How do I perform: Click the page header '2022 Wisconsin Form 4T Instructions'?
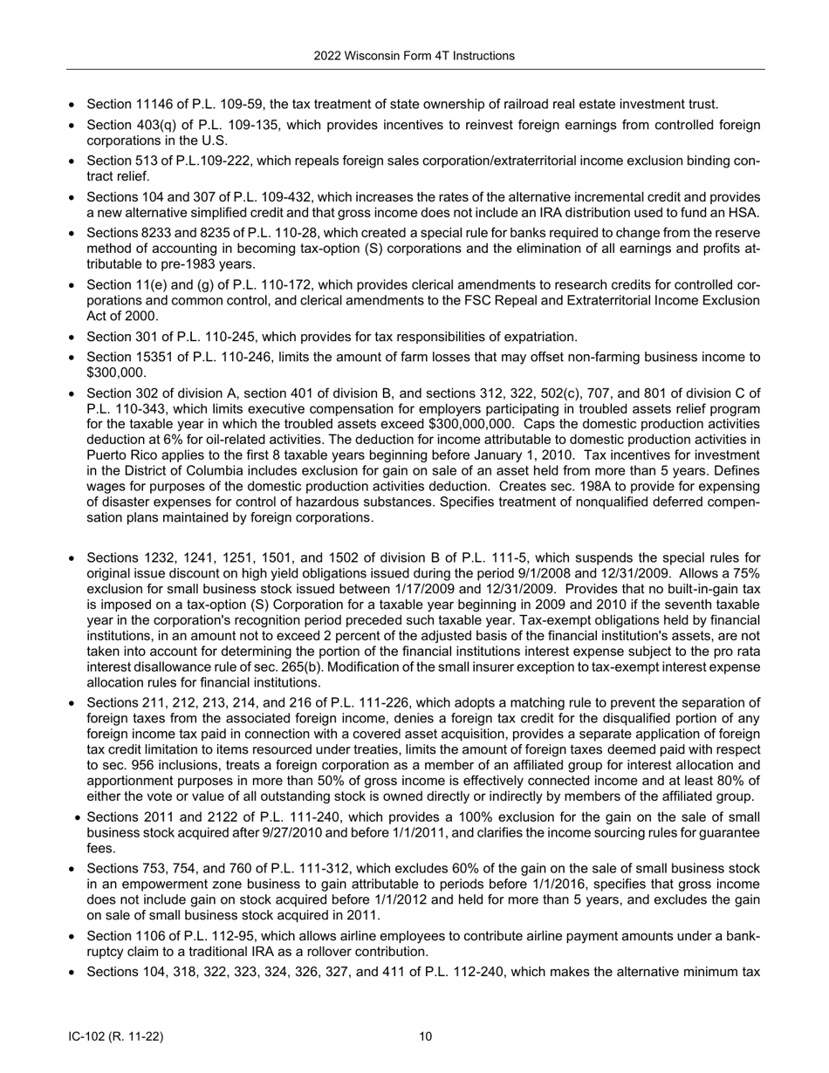(x=414, y=56)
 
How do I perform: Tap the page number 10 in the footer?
(x=425, y=1036)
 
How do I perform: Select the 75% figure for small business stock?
(x=744, y=574)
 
